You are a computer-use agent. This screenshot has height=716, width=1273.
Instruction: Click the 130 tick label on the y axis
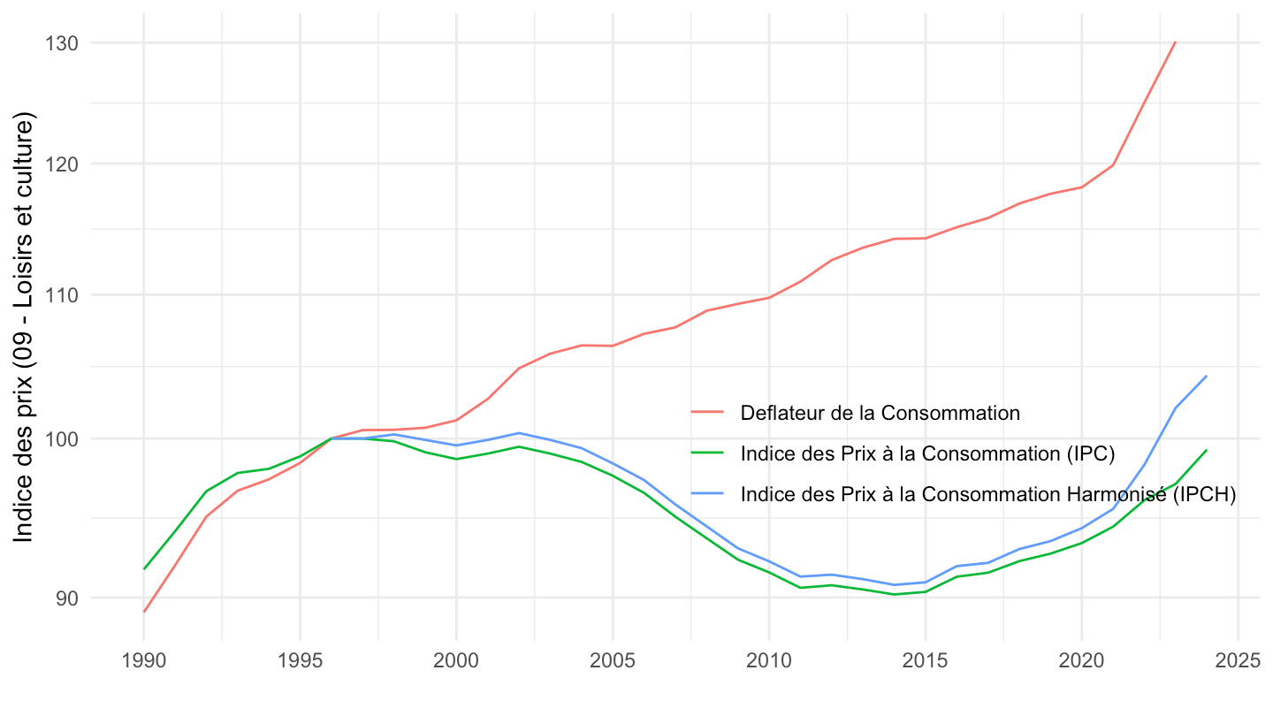(64, 42)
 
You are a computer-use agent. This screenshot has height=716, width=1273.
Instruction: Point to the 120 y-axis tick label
(64, 164)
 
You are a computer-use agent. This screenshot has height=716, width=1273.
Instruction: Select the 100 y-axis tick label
(64, 439)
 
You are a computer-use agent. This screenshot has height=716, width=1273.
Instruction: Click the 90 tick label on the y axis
(68, 598)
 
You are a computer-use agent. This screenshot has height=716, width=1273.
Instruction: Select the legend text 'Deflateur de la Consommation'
(880, 413)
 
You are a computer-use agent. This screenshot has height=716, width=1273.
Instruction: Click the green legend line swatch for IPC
(707, 453)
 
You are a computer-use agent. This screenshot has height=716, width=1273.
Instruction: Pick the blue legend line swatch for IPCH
(707, 494)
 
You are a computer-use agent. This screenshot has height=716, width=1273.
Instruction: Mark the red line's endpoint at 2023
(1175, 42)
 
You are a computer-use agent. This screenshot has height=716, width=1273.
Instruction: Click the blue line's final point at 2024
(1207, 376)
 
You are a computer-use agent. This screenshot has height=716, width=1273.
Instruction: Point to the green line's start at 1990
(143, 568)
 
